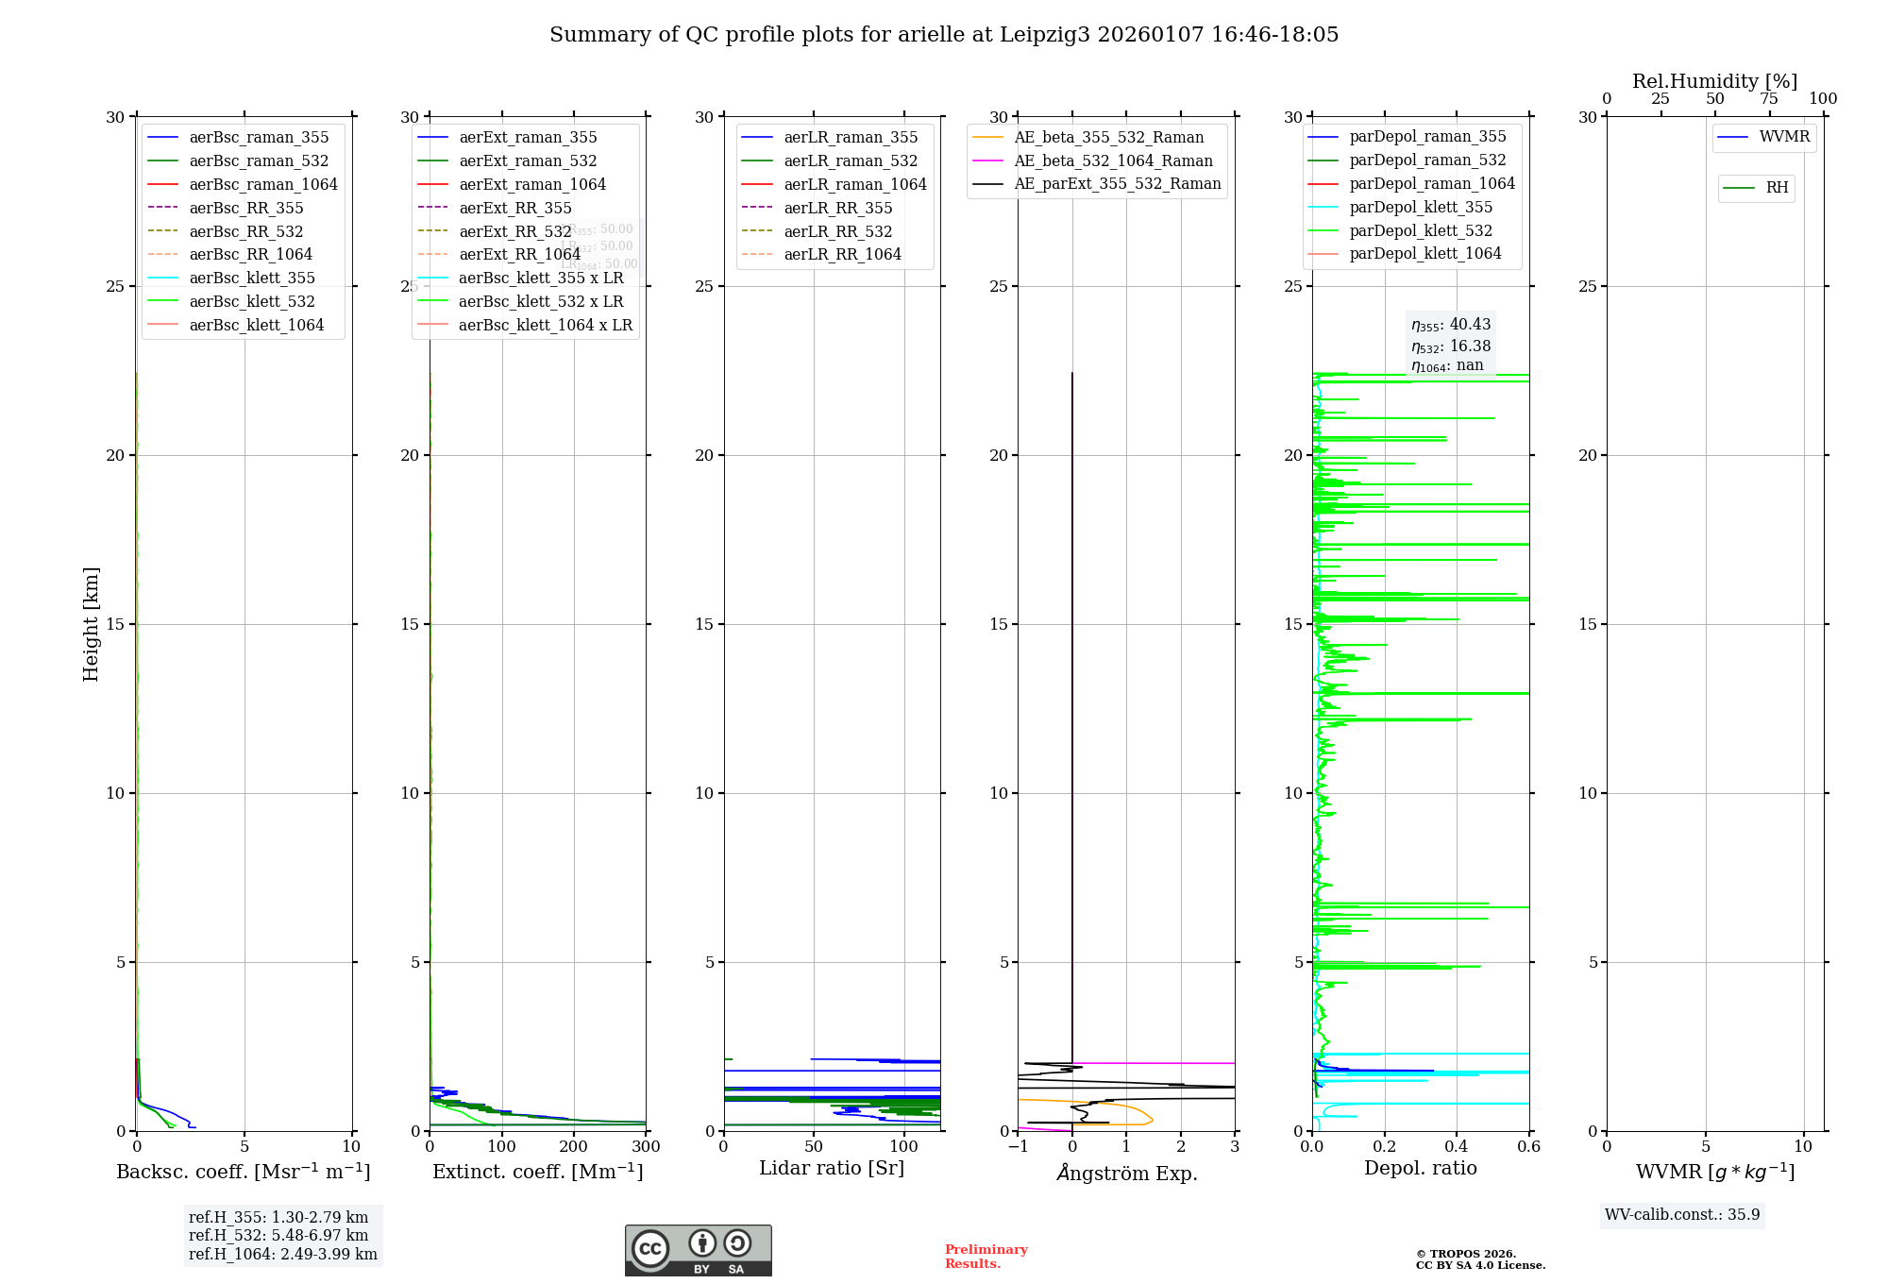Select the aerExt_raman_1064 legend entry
coord(532,184)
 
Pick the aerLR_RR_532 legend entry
coord(837,231)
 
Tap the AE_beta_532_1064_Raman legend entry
coord(1113,160)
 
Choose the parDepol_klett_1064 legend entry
coord(1424,253)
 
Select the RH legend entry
coord(1777,188)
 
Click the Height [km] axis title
coord(91,624)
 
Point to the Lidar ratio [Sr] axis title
coord(832,1168)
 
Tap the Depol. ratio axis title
coord(1420,1168)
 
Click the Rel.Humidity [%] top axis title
coord(1714,81)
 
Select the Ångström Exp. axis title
coord(1126,1173)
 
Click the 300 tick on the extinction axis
coord(646,1147)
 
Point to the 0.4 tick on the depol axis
coord(1457,1147)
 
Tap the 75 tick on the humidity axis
coord(1769,99)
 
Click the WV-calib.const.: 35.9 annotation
coord(1682,1214)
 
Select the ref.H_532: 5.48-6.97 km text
coord(278,1235)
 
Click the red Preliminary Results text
coord(986,1256)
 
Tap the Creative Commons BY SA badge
coord(698,1250)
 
